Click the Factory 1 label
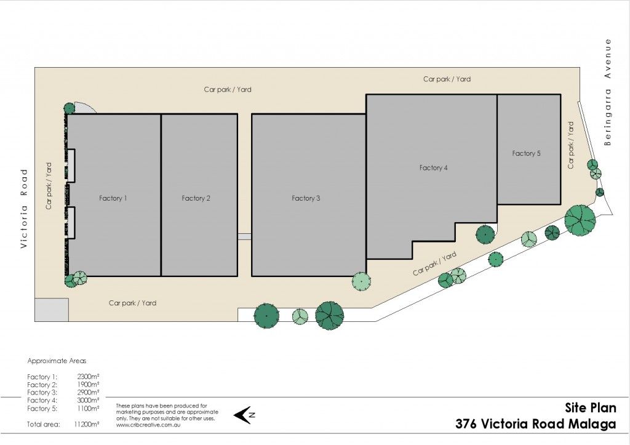(x=113, y=198)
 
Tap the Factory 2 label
(x=196, y=198)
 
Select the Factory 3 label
(x=306, y=198)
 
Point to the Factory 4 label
(x=433, y=167)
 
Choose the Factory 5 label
(x=526, y=153)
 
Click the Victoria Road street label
(x=25, y=208)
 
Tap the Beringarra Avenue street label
(x=607, y=92)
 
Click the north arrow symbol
(x=244, y=415)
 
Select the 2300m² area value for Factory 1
(x=89, y=377)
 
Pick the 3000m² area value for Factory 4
(x=89, y=401)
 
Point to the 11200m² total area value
(x=87, y=423)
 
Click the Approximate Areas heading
(x=57, y=361)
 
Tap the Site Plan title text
(x=591, y=408)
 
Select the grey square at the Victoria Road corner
(x=52, y=310)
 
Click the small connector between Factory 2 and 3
(x=244, y=237)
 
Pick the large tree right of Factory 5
(x=580, y=220)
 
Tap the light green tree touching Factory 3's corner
(x=361, y=281)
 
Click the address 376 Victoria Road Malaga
(x=536, y=424)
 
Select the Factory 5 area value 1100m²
(x=89, y=409)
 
